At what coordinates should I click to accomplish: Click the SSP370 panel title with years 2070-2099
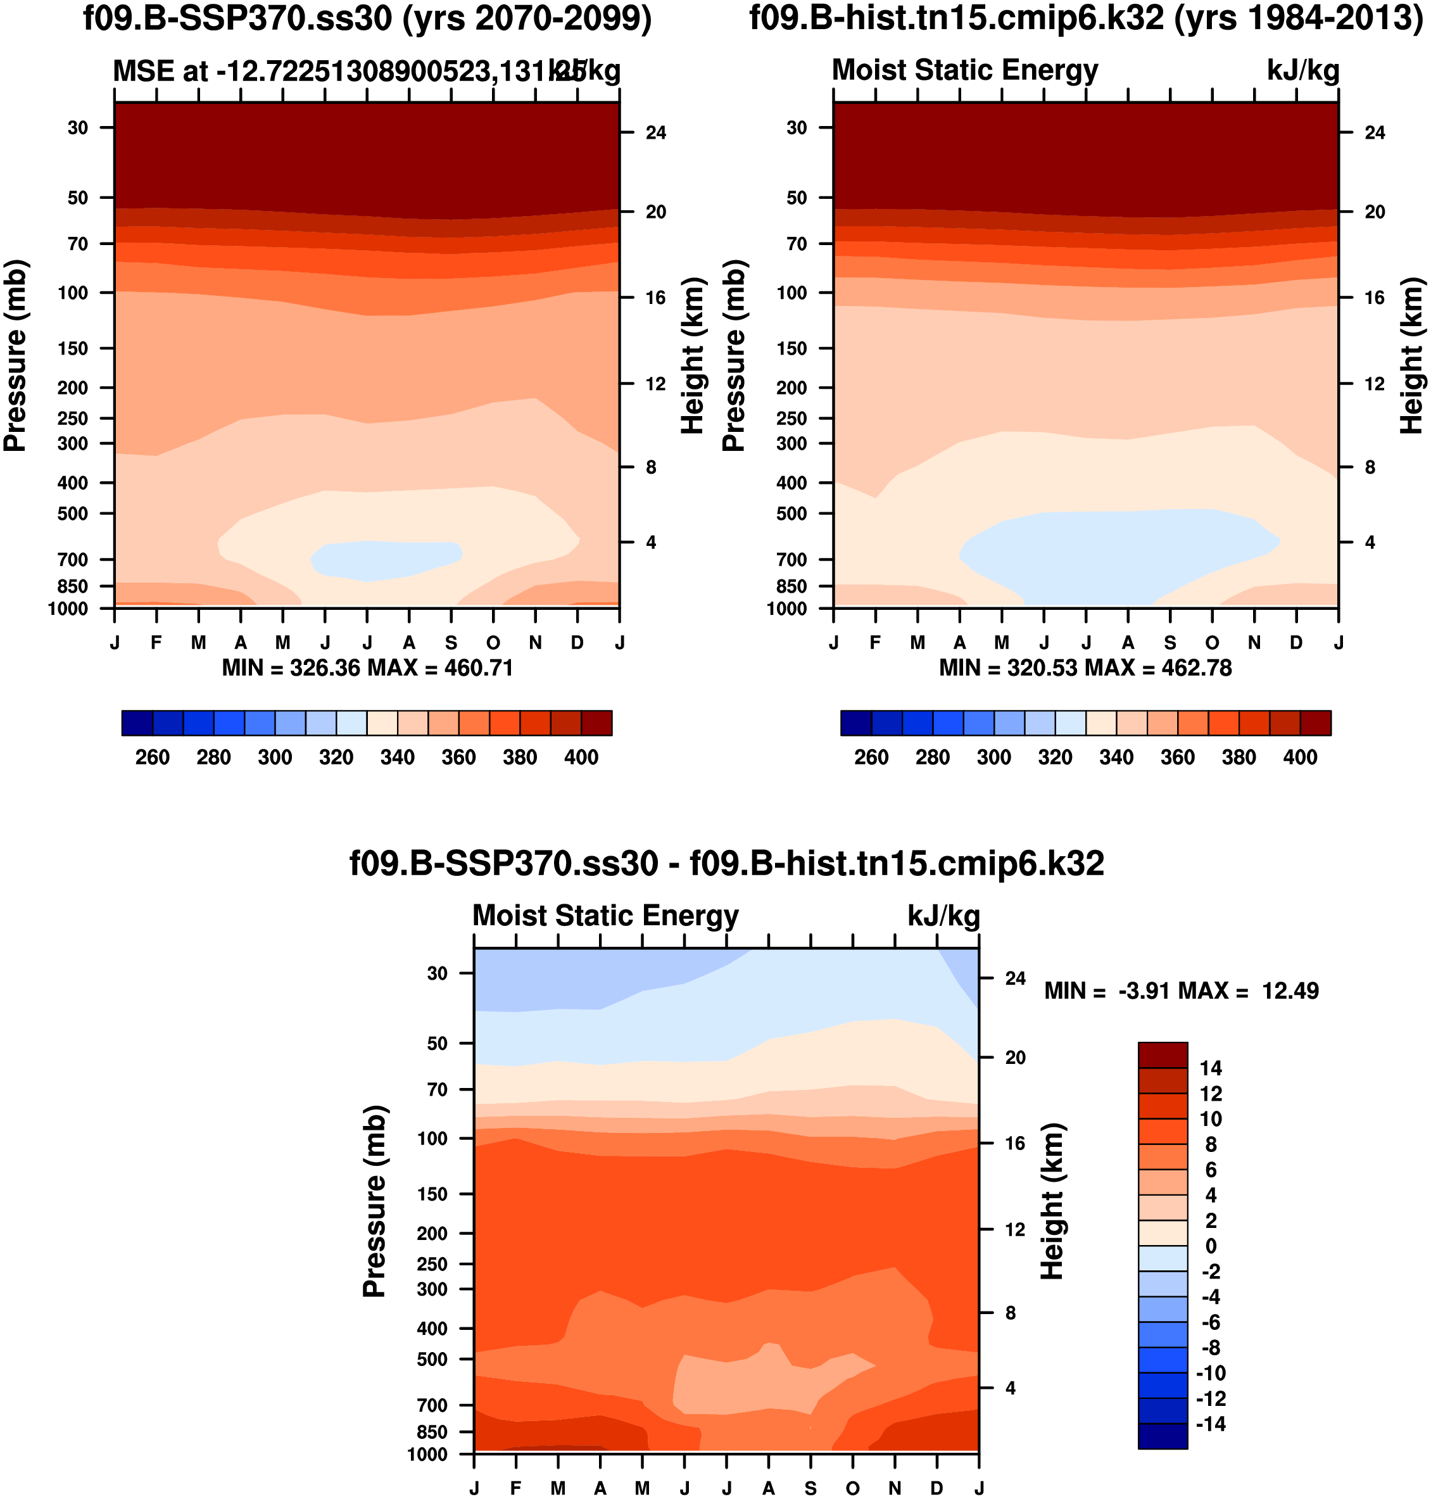click(367, 18)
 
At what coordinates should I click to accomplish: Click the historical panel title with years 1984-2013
click(1086, 18)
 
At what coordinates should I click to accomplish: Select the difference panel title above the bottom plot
click(726, 864)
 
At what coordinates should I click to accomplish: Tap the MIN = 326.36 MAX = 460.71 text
click(367, 668)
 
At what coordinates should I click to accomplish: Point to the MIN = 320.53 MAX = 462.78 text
click(1085, 668)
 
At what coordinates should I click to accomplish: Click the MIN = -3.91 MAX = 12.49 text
click(1181, 991)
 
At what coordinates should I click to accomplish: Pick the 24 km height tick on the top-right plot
click(1375, 133)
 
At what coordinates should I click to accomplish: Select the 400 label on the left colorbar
click(581, 757)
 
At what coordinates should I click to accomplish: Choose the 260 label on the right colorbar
click(871, 757)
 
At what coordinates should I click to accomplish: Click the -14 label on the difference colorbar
click(1210, 1424)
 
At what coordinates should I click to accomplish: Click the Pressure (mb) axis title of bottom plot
click(375, 1201)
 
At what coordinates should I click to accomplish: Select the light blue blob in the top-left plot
click(385, 560)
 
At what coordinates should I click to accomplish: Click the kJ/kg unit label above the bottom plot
click(943, 916)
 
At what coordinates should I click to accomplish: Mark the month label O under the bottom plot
click(853, 1488)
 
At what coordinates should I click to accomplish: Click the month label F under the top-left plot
click(156, 643)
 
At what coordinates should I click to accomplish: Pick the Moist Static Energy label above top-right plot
click(965, 70)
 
